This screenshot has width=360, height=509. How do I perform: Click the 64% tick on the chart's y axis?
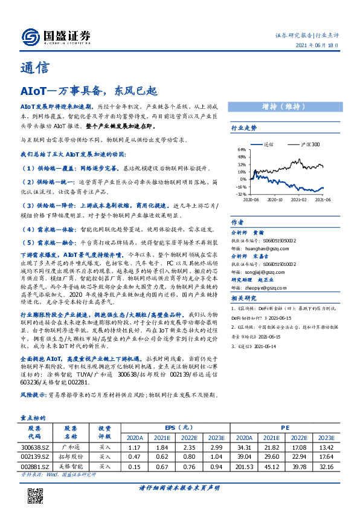click(241, 149)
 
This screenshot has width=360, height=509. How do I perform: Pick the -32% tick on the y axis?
click(241, 195)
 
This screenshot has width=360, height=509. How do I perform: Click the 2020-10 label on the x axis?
click(275, 199)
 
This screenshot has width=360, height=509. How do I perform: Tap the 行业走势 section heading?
click(245, 128)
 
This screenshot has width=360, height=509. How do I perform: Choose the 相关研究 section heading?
click(245, 298)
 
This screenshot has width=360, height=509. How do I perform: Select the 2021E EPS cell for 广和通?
click(161, 446)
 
